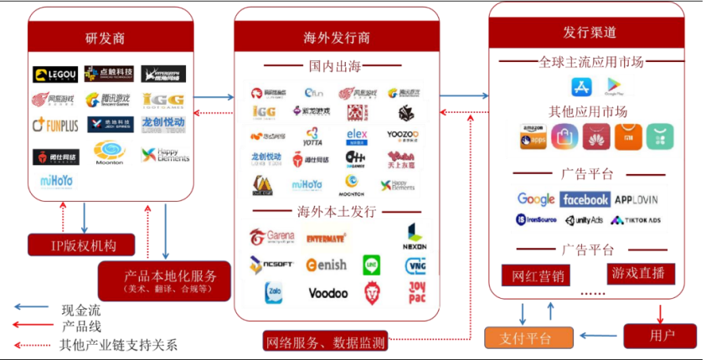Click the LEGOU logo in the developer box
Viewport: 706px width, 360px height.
tap(54, 75)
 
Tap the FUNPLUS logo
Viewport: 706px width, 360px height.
tap(54, 126)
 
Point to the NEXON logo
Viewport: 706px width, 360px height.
tap(415, 237)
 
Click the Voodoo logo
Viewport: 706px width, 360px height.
tap(327, 293)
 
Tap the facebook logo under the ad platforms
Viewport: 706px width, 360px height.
tap(585, 199)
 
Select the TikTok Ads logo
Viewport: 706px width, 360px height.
tap(636, 220)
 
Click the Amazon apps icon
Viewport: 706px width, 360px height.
tap(533, 136)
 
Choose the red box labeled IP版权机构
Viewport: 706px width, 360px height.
tap(82, 244)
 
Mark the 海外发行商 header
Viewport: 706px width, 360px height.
tap(337, 38)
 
